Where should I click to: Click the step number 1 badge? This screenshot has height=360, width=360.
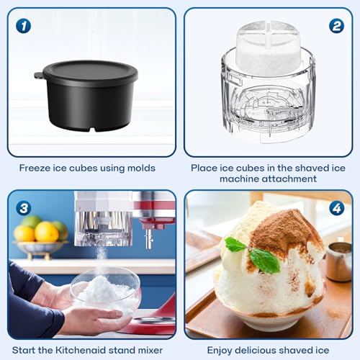coord(24,26)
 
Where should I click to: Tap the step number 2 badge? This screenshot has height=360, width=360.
coord(336,26)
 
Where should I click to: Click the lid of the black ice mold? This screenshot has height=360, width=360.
coord(90,70)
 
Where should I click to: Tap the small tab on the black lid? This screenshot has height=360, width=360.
coord(38,75)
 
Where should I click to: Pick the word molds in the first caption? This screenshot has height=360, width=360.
coord(140,168)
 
